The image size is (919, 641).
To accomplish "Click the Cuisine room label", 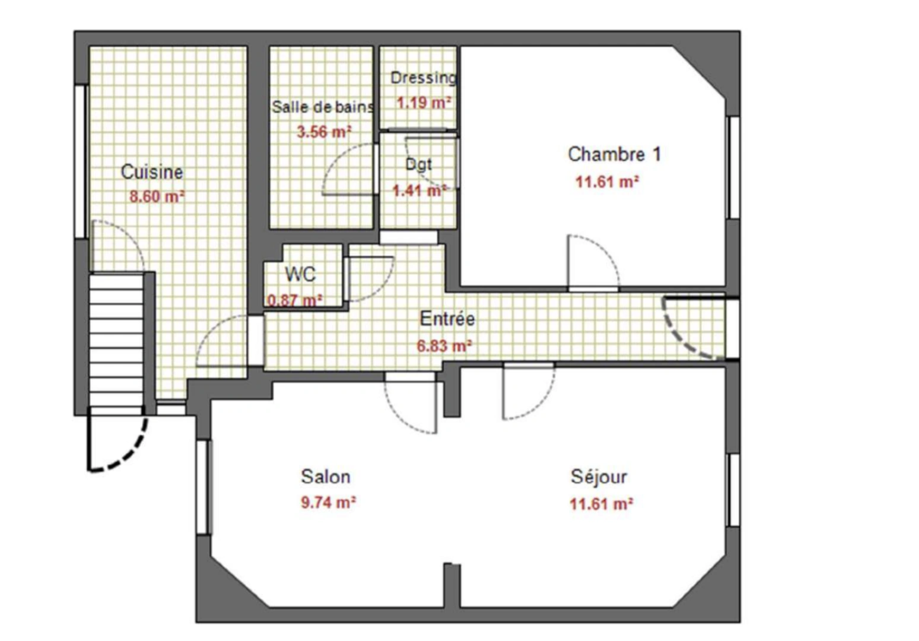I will [x=152, y=172].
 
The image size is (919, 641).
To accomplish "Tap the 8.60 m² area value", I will [x=157, y=196].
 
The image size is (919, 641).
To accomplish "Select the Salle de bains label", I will [x=322, y=107].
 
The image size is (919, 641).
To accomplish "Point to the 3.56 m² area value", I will [x=324, y=131].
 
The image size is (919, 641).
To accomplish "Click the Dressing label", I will [x=423, y=78].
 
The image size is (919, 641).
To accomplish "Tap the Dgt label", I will [x=418, y=164].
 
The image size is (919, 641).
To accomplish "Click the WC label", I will [x=300, y=274].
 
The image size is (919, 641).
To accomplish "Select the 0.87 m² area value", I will [x=295, y=300].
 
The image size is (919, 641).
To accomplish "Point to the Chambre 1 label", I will [x=614, y=154].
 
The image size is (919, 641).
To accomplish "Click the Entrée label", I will [x=447, y=319].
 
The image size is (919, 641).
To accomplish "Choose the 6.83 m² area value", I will [x=444, y=345].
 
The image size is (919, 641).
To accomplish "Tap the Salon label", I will [x=326, y=477].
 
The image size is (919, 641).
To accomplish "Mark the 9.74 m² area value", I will [x=328, y=503].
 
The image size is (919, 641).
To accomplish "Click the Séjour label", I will [x=599, y=477].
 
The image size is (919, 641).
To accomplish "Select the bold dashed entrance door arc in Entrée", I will [x=682, y=338].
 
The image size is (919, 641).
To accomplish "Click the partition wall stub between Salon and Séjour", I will [x=452, y=585].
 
